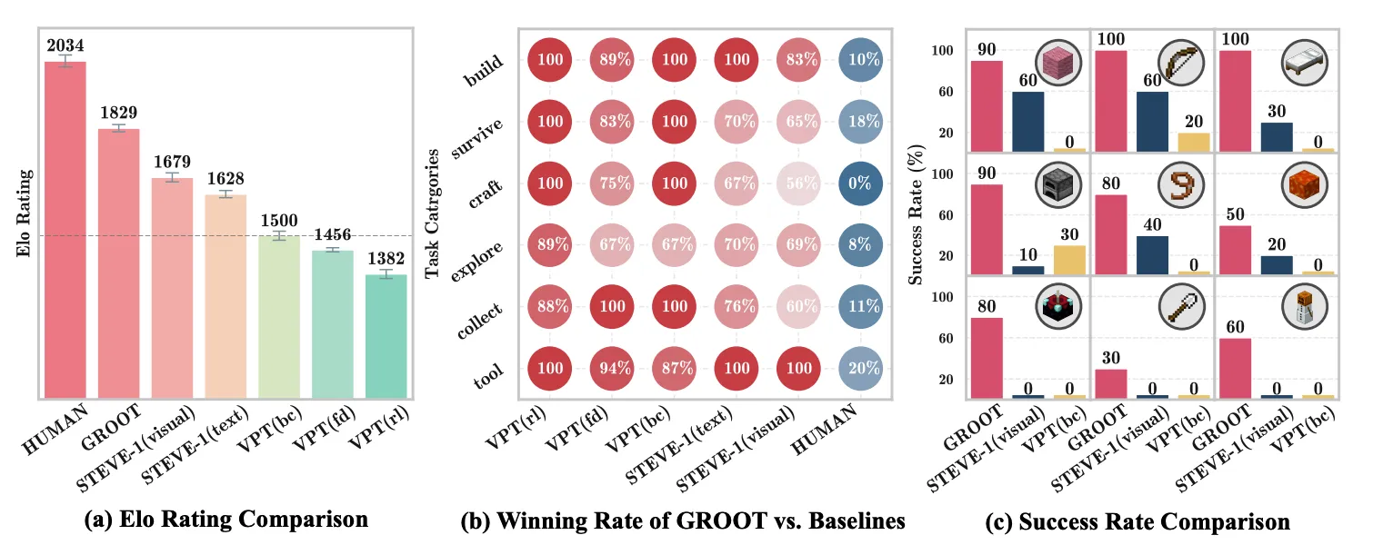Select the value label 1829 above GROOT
point(119,114)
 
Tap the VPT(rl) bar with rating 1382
point(386,336)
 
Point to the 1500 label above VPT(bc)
point(279,221)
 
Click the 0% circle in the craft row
point(859,183)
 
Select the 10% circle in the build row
point(859,60)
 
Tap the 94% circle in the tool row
point(613,369)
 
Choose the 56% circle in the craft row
point(798,183)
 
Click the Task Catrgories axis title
point(434,214)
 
